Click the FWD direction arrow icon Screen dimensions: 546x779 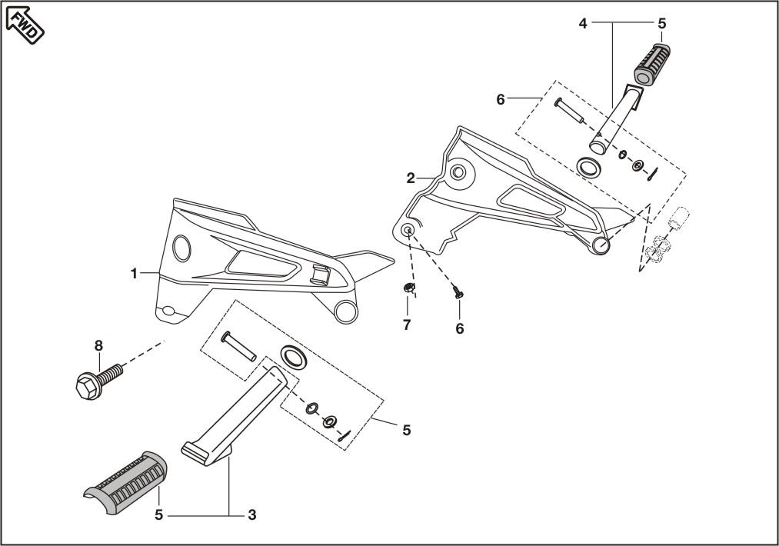click(x=25, y=22)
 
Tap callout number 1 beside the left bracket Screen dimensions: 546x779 click(x=134, y=274)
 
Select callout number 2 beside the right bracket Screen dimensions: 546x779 click(x=411, y=178)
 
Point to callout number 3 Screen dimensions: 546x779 click(x=251, y=514)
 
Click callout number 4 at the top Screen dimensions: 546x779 click(x=583, y=24)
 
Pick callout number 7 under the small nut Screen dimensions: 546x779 click(x=407, y=325)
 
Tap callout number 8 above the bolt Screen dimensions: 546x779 click(x=98, y=345)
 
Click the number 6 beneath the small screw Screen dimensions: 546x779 click(x=459, y=328)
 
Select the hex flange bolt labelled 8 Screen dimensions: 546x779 click(x=96, y=379)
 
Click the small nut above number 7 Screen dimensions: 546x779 click(x=408, y=289)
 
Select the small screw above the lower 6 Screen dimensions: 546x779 click(x=458, y=292)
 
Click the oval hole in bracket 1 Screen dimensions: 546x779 click(x=183, y=248)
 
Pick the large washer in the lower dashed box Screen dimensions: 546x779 click(x=292, y=356)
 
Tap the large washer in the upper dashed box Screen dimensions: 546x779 click(x=589, y=167)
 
